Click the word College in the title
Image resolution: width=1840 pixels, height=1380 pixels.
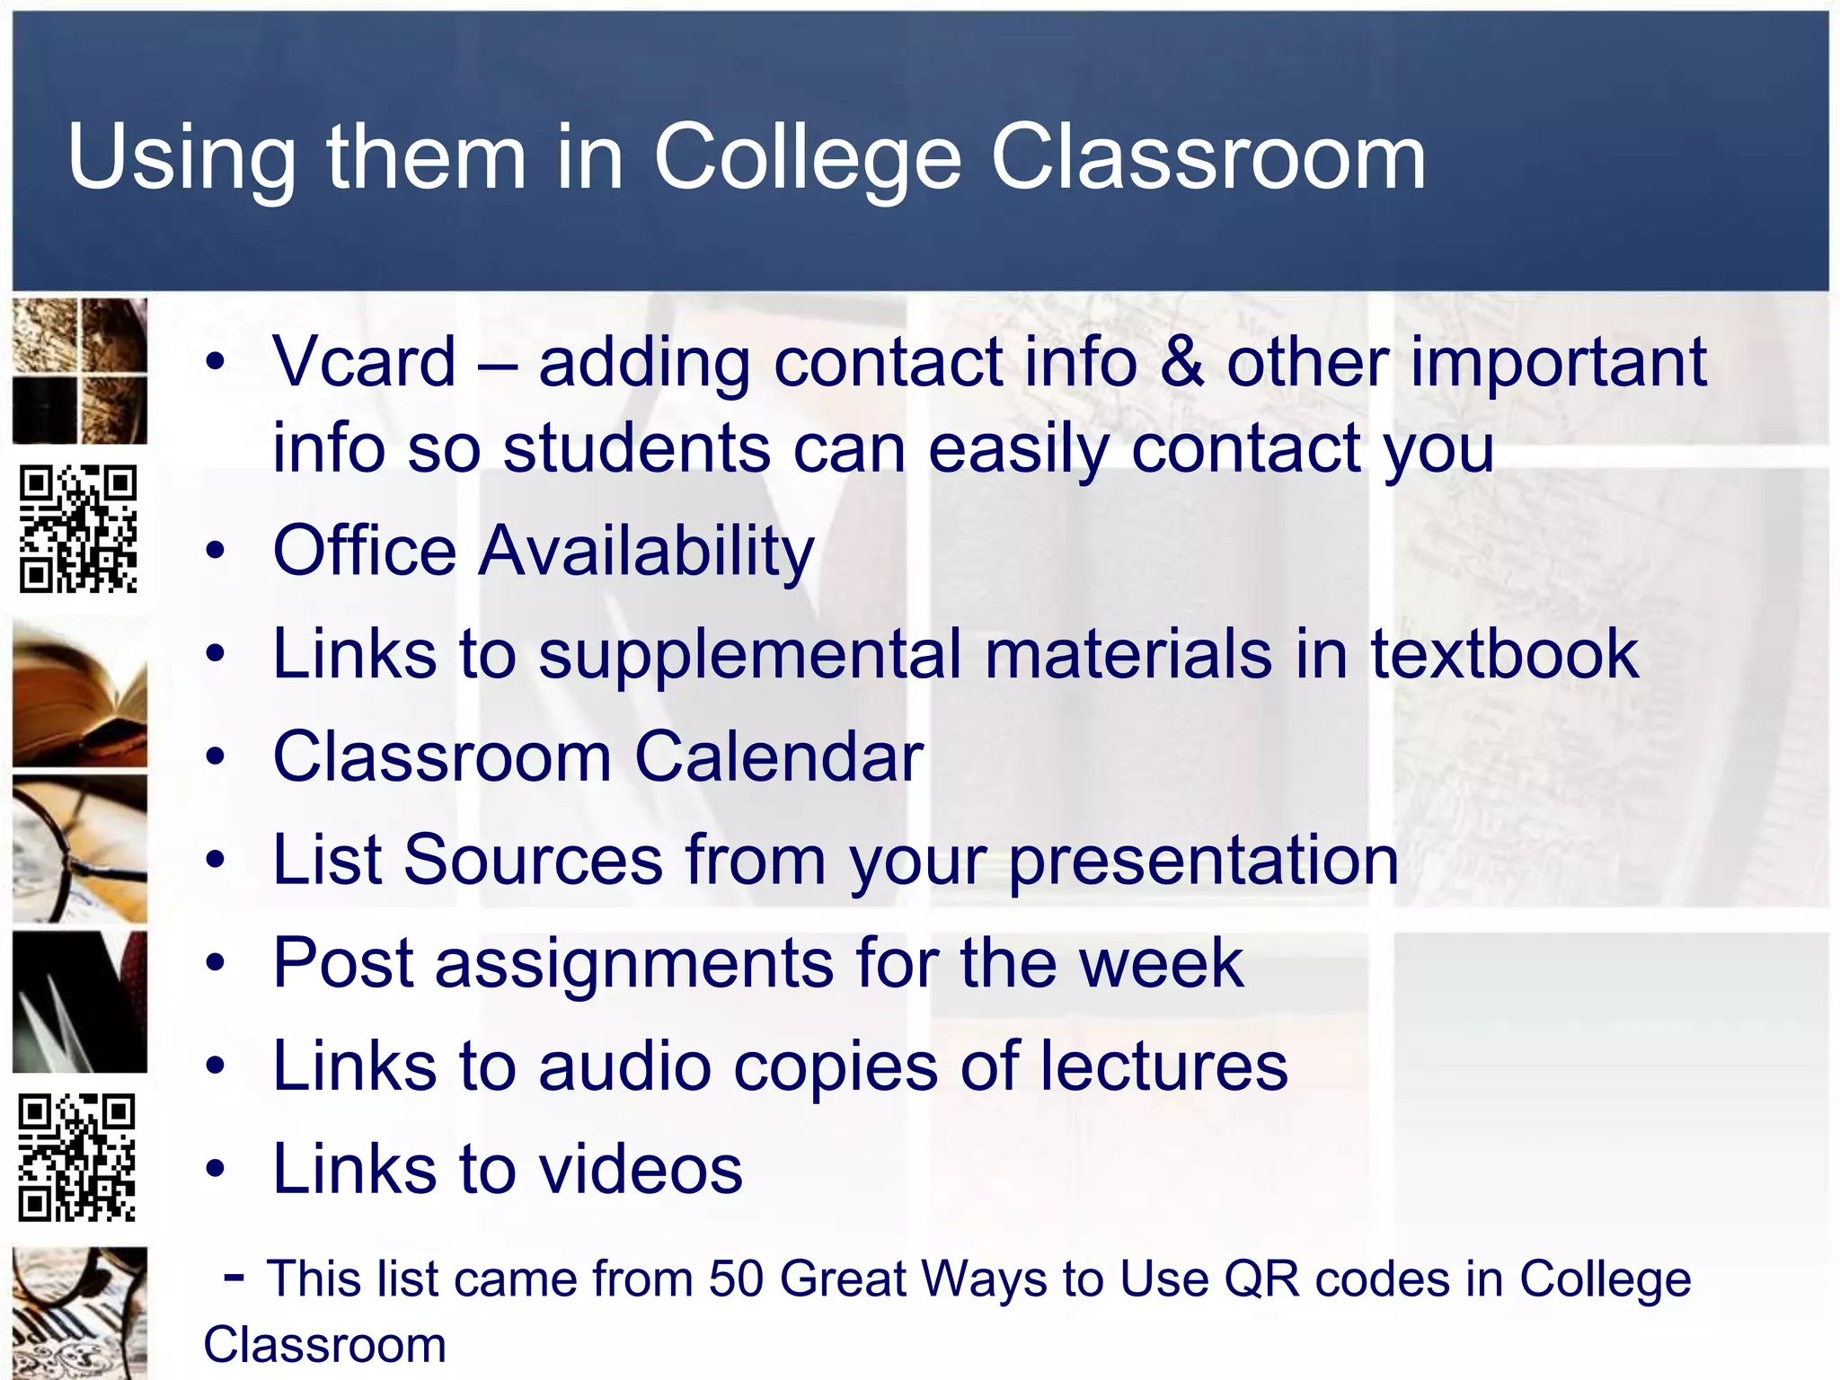[807, 158]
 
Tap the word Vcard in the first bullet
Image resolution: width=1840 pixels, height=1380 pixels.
[364, 362]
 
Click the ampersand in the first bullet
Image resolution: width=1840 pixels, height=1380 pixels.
[1181, 362]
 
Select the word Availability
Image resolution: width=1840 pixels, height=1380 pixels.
[646, 551]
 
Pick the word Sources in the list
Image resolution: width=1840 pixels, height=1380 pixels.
[533, 860]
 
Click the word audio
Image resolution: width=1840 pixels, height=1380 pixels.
[624, 1066]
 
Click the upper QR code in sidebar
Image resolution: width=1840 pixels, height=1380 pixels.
[79, 528]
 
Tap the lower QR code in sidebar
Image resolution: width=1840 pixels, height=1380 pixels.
[77, 1157]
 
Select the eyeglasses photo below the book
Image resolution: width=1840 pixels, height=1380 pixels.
[79, 849]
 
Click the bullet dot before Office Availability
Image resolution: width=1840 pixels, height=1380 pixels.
[215, 551]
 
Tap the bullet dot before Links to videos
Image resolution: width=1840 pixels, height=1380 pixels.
[215, 1170]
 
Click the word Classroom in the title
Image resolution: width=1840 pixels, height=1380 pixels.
[1207, 158]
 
